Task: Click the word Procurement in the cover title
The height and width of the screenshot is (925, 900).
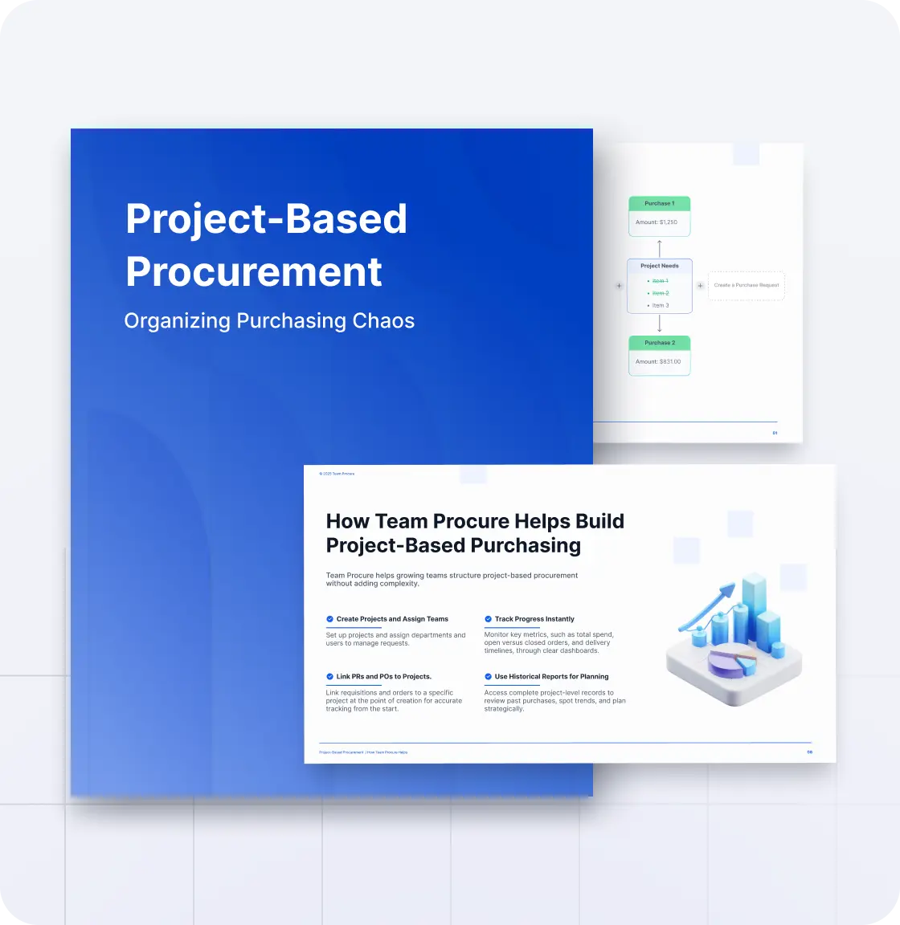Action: tap(254, 272)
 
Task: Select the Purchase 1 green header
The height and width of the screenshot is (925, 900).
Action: tap(659, 204)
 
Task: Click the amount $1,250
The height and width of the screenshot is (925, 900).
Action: tap(657, 222)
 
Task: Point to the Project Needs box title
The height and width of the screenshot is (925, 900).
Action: tap(659, 266)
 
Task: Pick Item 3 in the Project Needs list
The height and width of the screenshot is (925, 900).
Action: tap(660, 306)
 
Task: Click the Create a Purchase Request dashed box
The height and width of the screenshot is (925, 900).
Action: tap(746, 286)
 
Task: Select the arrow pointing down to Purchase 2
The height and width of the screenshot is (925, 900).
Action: tap(660, 324)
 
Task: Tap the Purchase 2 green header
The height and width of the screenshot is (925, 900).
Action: tap(659, 343)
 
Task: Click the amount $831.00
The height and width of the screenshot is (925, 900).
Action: tap(658, 362)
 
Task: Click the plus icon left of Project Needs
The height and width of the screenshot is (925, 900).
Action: tap(619, 286)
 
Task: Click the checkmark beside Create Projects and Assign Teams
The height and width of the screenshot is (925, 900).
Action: tap(329, 619)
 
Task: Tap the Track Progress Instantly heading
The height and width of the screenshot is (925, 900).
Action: tap(534, 619)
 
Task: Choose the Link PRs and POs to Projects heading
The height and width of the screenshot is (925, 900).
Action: tap(383, 677)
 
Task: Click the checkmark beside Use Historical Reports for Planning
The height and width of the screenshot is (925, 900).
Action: tap(488, 677)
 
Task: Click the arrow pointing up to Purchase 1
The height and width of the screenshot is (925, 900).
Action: tap(660, 247)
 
